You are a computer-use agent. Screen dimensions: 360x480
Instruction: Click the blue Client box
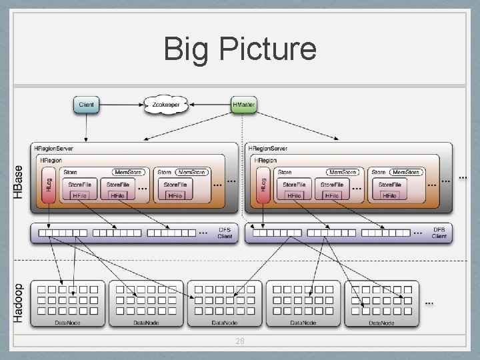pos(87,105)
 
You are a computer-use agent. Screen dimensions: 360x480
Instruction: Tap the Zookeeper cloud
pos(165,105)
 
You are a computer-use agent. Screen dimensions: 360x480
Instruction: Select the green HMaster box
pos(243,105)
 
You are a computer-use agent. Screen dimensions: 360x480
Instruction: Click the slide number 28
pos(240,341)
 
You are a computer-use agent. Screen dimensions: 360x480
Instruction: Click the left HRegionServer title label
pos(54,149)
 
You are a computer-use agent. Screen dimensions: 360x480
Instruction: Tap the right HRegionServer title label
pos(267,149)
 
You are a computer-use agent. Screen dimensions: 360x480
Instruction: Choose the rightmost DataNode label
pos(382,323)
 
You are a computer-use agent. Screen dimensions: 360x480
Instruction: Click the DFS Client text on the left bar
pos(225,233)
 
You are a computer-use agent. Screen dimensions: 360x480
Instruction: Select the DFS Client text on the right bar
pos(439,233)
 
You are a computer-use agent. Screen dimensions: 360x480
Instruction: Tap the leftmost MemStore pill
pos(129,172)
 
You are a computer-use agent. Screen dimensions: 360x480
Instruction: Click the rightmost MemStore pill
pos(405,172)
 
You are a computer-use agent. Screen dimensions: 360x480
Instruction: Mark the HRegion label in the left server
pos(51,161)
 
